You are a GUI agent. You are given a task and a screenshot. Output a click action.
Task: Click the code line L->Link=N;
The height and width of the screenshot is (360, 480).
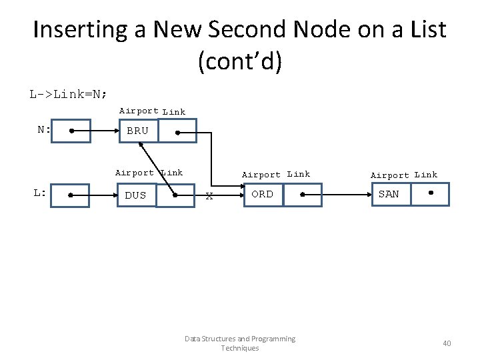(x=68, y=93)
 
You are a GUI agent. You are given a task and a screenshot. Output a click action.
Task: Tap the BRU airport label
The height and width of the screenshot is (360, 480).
(x=137, y=131)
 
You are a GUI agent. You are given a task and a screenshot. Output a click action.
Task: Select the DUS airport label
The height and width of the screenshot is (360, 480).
(x=135, y=195)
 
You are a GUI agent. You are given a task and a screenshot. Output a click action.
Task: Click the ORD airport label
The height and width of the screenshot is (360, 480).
(x=262, y=194)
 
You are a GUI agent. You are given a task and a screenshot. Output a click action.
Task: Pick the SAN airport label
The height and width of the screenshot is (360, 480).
(x=389, y=194)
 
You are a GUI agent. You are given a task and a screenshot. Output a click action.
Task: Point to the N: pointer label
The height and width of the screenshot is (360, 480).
(x=44, y=129)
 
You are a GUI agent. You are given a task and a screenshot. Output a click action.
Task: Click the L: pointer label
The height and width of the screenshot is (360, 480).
(x=40, y=193)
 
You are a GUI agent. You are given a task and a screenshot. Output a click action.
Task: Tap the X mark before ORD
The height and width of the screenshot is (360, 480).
(x=209, y=196)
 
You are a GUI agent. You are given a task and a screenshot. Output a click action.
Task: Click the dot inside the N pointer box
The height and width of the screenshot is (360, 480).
(x=71, y=131)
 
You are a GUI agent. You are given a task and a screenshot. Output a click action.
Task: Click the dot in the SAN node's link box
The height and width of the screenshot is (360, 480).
(x=431, y=193)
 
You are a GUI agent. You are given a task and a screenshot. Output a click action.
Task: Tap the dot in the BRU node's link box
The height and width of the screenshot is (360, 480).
(x=178, y=132)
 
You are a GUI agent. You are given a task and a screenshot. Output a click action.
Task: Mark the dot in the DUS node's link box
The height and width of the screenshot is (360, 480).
(x=175, y=196)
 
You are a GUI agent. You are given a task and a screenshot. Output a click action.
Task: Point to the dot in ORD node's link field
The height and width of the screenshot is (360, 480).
(x=302, y=195)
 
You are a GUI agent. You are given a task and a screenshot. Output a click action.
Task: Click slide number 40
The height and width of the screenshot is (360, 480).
(x=447, y=343)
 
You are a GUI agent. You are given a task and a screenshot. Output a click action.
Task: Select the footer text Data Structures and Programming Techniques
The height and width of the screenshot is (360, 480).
(x=239, y=343)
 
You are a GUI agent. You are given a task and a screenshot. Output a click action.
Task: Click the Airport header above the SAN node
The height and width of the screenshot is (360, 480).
(x=389, y=175)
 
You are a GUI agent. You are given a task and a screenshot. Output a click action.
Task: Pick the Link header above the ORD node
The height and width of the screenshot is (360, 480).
(x=298, y=174)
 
